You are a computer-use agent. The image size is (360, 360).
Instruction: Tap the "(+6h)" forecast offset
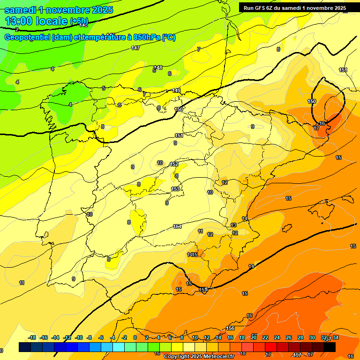(79, 21)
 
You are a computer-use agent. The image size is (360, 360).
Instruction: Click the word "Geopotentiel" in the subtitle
(27, 37)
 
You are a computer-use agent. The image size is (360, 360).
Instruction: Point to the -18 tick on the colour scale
(32, 337)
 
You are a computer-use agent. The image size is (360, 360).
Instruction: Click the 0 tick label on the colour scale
(135, 337)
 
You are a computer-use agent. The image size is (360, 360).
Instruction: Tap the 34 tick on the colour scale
(336, 337)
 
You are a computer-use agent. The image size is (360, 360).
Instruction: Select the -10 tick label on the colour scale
(79, 337)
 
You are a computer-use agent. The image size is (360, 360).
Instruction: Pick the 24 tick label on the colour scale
(277, 337)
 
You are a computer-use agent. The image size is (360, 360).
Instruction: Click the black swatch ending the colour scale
(330, 347)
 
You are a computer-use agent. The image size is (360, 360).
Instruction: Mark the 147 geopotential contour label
(135, 48)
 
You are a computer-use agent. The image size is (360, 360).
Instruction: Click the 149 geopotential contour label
(176, 90)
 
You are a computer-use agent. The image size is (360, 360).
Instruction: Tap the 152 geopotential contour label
(174, 165)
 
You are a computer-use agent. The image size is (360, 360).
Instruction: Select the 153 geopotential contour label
(175, 189)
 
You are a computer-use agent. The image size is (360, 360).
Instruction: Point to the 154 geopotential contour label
(177, 226)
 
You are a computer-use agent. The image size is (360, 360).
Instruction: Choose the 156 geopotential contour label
(230, 328)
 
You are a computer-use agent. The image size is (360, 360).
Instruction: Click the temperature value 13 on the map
(234, 225)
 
